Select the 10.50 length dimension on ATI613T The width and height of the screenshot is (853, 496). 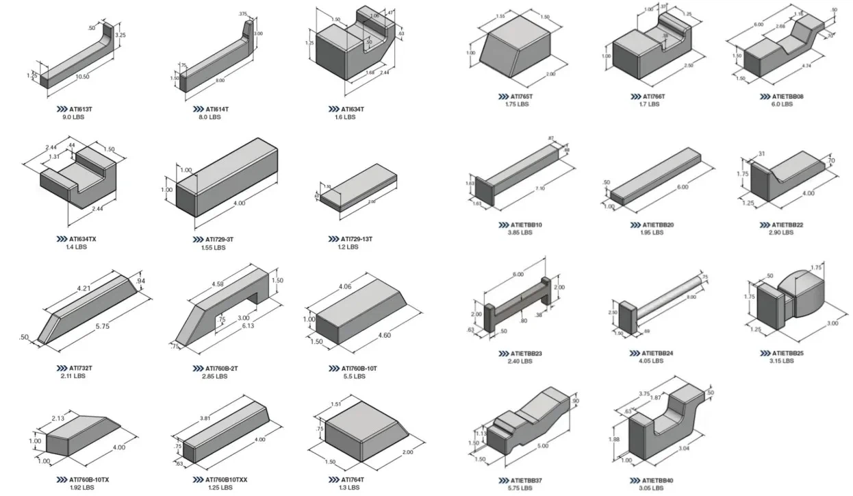(x=81, y=77)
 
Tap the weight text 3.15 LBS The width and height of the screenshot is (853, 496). (x=781, y=361)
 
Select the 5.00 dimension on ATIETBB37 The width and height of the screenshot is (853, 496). (x=544, y=446)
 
